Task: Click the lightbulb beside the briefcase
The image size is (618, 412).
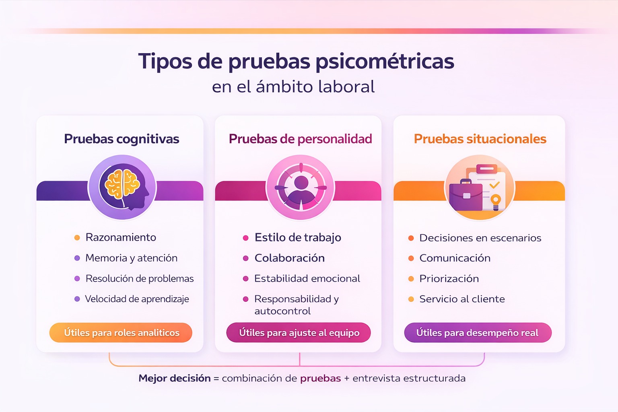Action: pyautogui.click(x=496, y=201)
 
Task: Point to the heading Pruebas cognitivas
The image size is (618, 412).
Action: pyautogui.click(x=122, y=139)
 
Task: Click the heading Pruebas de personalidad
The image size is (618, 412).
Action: pyautogui.click(x=300, y=139)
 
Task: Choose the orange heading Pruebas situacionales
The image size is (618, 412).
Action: pyautogui.click(x=480, y=139)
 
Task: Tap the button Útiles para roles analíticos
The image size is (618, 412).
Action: pyautogui.click(x=121, y=333)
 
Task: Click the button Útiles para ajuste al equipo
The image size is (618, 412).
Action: pyautogui.click(x=299, y=333)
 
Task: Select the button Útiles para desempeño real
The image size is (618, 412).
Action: pyautogui.click(x=478, y=333)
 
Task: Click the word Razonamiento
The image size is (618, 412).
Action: pyautogui.click(x=121, y=237)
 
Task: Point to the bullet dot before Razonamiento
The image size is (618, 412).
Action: pyautogui.click(x=77, y=238)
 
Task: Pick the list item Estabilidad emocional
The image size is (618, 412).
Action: pyautogui.click(x=307, y=278)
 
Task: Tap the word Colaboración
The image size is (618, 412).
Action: pyautogui.click(x=289, y=258)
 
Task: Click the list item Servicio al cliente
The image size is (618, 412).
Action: pyautogui.click(x=462, y=299)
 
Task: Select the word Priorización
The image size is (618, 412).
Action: pyautogui.click(x=449, y=278)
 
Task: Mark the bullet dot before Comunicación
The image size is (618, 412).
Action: pyautogui.click(x=411, y=258)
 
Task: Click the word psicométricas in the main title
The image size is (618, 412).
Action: pyautogui.click(x=385, y=62)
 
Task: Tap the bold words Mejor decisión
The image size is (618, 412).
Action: pyautogui.click(x=175, y=378)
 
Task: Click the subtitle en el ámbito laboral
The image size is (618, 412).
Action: pyautogui.click(x=293, y=87)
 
